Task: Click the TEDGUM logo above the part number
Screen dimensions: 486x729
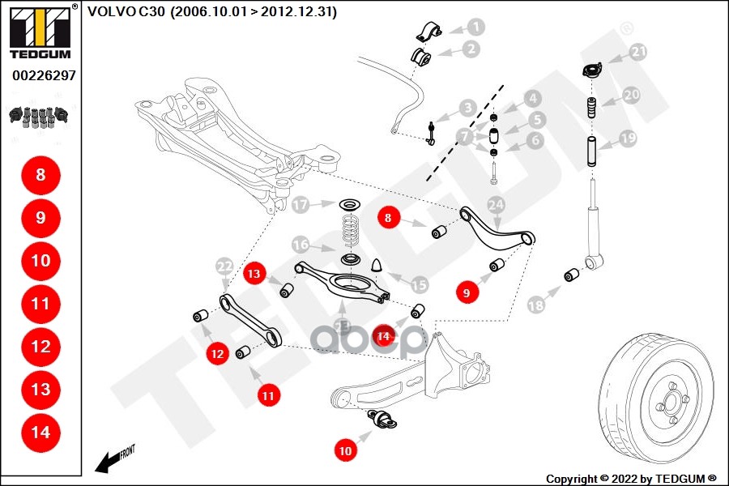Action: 40,32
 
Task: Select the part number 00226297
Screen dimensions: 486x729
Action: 44,75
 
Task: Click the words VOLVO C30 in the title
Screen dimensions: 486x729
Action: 126,12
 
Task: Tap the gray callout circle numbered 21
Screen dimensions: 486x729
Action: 639,53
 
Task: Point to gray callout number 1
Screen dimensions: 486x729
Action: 475,27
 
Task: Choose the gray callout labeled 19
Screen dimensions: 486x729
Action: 628,139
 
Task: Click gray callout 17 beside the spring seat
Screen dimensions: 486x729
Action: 301,205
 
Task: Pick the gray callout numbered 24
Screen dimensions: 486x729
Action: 496,204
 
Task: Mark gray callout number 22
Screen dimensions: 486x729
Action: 224,266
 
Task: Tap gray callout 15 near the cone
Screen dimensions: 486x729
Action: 419,284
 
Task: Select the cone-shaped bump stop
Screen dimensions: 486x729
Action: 377,266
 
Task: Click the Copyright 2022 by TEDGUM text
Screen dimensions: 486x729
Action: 631,478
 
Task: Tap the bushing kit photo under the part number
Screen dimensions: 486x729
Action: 39,116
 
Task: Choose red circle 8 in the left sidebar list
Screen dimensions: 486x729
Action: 40,174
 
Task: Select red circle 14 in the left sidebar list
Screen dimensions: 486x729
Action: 40,433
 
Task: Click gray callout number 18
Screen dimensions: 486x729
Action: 535,305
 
